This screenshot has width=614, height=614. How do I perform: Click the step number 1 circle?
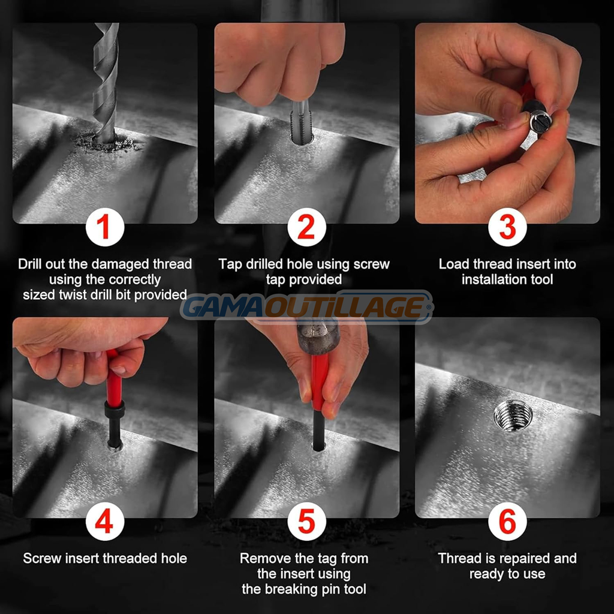[105, 227]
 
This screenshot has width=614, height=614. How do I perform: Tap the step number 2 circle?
[306, 227]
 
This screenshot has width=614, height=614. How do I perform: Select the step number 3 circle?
[507, 227]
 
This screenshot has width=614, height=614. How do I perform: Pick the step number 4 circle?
[105, 522]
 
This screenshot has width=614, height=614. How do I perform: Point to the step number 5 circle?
[306, 522]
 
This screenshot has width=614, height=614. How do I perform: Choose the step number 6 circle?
[507, 522]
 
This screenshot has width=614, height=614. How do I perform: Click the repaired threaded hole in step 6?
[513, 416]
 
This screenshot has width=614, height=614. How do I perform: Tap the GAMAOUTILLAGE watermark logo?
[307, 307]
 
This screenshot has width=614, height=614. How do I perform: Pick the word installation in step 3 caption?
[488, 279]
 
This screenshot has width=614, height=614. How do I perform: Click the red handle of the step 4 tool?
[113, 378]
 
